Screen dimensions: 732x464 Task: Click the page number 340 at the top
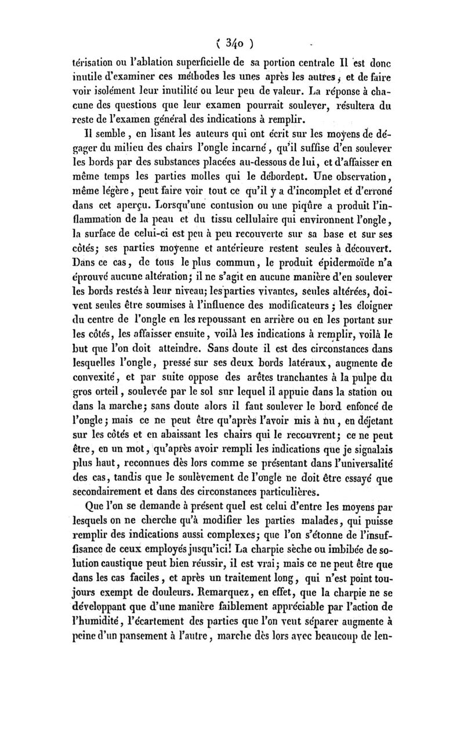point(232,42)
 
